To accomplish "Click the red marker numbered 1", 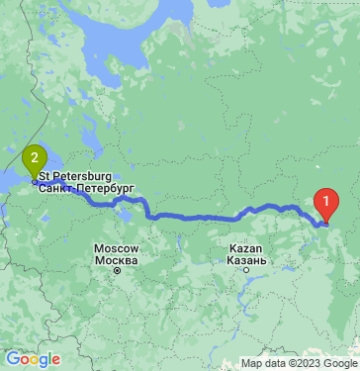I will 325,205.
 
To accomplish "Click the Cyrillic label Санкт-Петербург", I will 87,186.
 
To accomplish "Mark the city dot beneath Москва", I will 116,269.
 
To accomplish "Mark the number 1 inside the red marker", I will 325,201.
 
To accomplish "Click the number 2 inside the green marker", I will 35,155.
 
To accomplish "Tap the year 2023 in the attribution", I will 304,363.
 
